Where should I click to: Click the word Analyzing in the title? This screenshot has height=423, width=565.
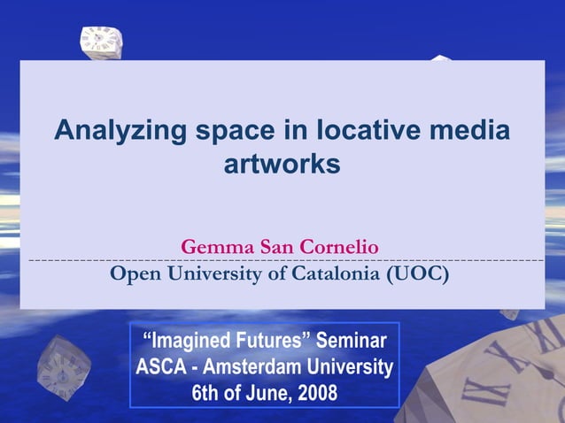pos(120,132)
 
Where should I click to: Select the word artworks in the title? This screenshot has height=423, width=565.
pos(282,165)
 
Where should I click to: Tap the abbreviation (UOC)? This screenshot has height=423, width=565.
pos(418,273)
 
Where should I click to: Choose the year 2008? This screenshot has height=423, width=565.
pos(313,393)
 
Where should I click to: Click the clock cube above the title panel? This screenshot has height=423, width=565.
pos(100,41)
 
